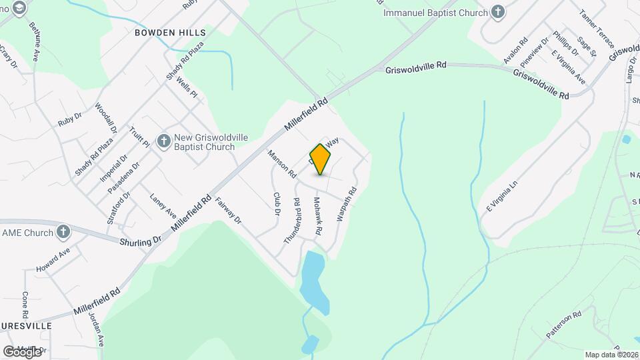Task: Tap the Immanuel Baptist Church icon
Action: click(x=497, y=11)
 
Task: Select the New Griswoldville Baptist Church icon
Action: click(x=163, y=140)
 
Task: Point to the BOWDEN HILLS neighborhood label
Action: click(x=170, y=32)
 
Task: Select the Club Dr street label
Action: click(x=277, y=204)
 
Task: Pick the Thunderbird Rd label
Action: click(x=293, y=221)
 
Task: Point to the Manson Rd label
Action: click(x=281, y=163)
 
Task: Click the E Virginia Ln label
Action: click(x=502, y=196)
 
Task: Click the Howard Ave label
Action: click(x=53, y=260)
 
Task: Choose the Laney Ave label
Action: click(x=163, y=206)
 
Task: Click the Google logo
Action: click(x=22, y=351)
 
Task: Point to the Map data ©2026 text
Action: click(x=611, y=354)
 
